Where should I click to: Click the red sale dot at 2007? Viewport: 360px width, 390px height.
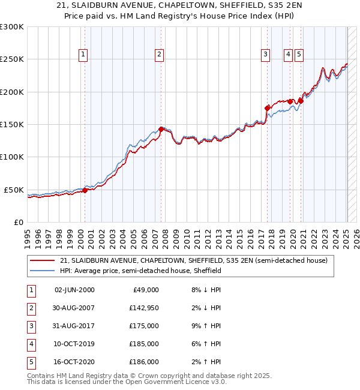(161, 128)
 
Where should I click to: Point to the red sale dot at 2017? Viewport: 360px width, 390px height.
(268, 108)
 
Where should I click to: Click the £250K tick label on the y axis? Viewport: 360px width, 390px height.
(12, 59)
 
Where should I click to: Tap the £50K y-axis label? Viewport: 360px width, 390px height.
(14, 190)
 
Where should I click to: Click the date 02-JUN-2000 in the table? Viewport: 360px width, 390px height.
(74, 290)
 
